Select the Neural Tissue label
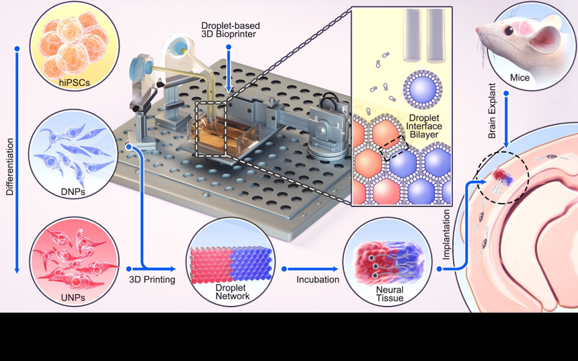coord(382,293)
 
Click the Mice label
coord(520,78)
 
